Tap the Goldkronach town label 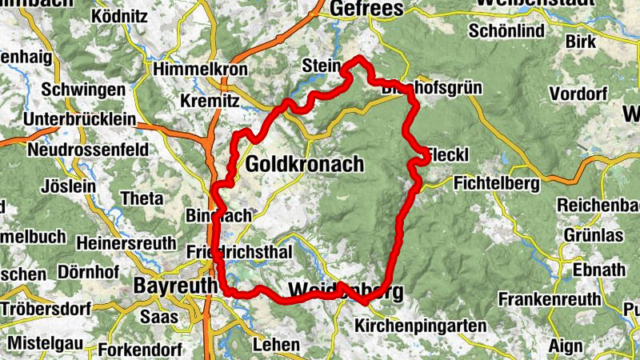pyautogui.click(x=305, y=165)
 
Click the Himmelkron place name pyautogui.click(x=203, y=68)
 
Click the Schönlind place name pyautogui.click(x=507, y=31)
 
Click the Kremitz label pyautogui.click(x=210, y=102)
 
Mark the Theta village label pyautogui.click(x=140, y=198)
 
